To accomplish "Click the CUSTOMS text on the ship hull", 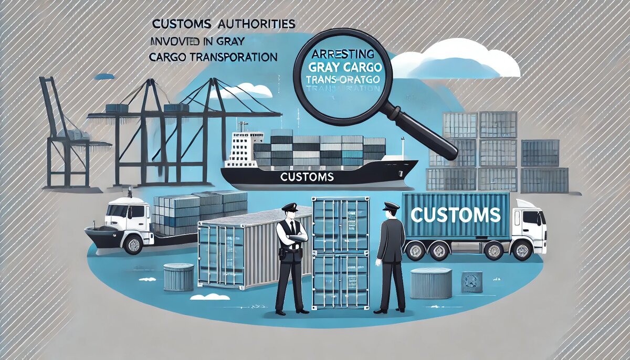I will point(307,177).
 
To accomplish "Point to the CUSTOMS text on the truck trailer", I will point(455,214).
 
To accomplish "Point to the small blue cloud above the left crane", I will point(104,76).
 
